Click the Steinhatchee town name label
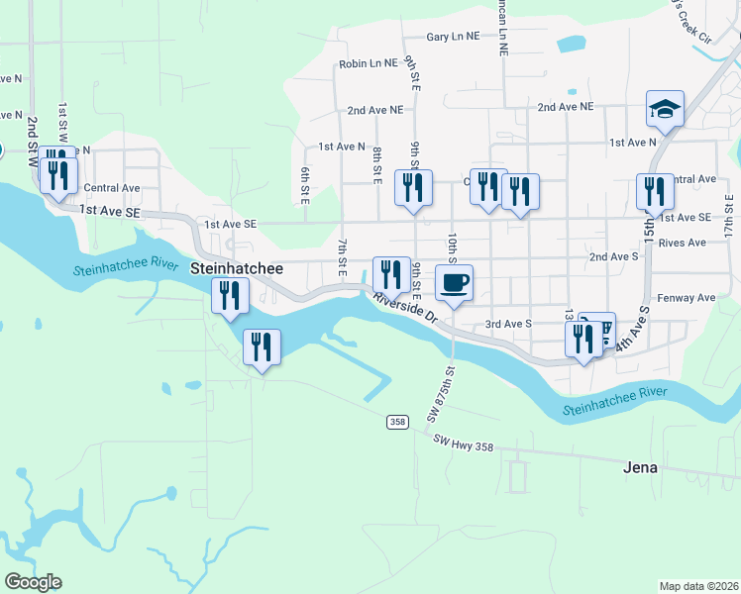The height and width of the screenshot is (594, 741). click(236, 268)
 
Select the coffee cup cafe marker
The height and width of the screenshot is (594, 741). click(454, 283)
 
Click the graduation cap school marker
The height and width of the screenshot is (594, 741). click(665, 110)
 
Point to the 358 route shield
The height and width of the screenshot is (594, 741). click(397, 422)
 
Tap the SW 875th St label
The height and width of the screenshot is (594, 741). click(442, 395)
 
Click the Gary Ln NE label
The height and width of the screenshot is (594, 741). click(453, 37)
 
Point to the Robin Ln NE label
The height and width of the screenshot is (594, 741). click(368, 62)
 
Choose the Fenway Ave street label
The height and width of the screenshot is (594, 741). click(686, 297)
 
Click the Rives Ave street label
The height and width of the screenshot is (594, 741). click(682, 243)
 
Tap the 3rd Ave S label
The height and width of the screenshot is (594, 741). click(508, 324)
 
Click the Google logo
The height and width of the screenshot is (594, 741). click(34, 581)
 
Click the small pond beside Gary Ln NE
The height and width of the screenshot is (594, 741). click(571, 44)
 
